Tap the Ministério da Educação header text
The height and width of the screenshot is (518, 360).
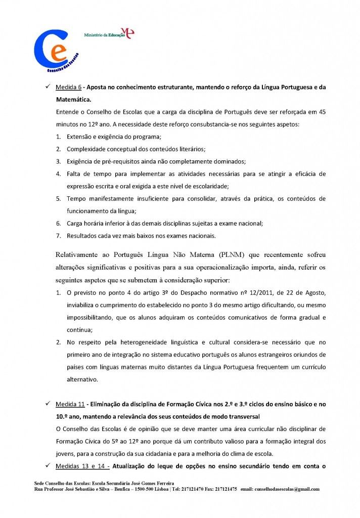(104, 35)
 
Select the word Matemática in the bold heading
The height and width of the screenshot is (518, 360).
(76, 100)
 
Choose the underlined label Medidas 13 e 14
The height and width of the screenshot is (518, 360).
(81, 452)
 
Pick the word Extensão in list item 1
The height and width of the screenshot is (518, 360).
(81, 137)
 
